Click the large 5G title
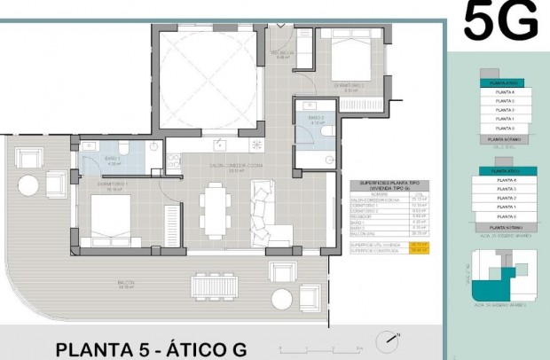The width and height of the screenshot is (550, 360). (501, 22)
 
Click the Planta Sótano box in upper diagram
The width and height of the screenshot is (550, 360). (507, 139)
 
